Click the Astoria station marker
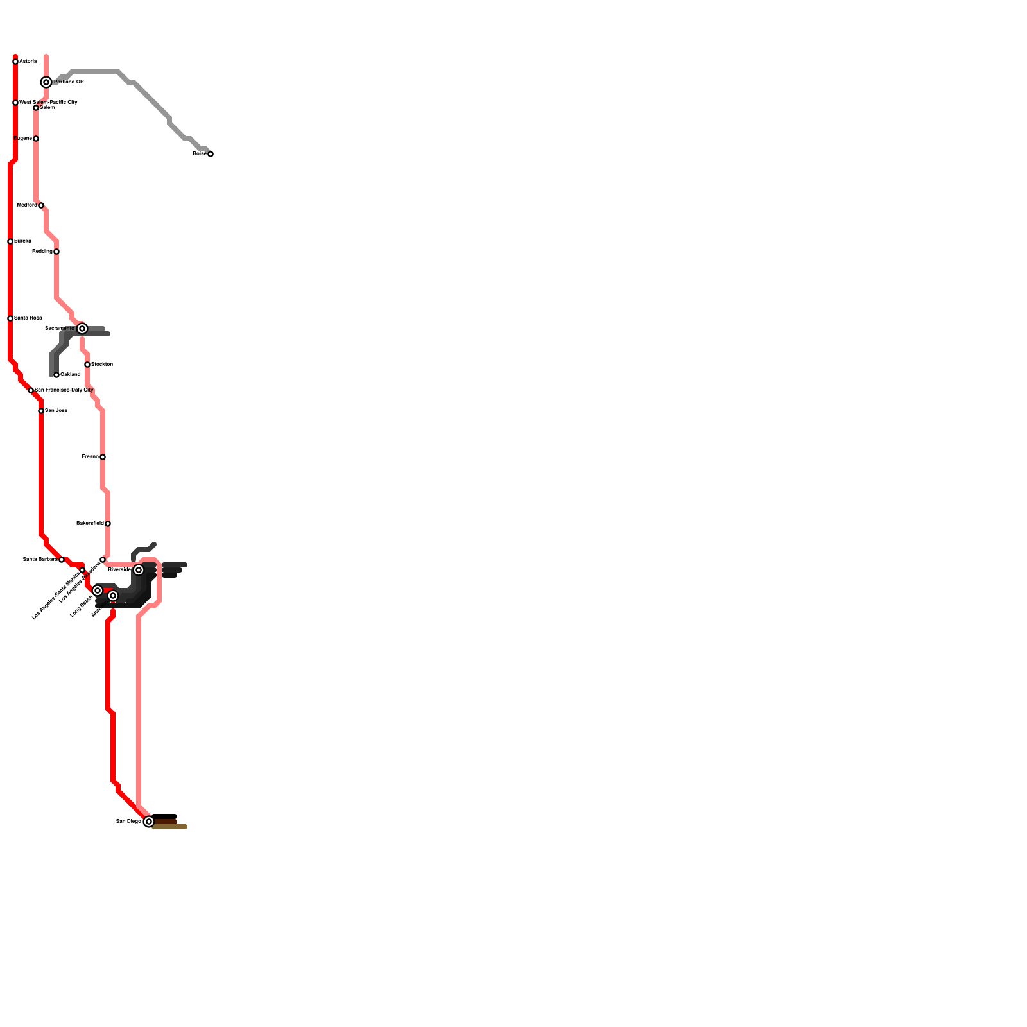tap(15, 62)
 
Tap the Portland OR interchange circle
tap(46, 82)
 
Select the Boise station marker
tap(211, 154)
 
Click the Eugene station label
tap(22, 139)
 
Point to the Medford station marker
tap(41, 205)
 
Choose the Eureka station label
tap(22, 241)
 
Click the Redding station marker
tap(56, 252)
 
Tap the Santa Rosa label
tap(28, 318)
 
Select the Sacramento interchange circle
tap(82, 329)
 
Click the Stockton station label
tap(102, 365)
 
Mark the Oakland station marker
tap(56, 375)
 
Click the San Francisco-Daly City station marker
tap(31, 390)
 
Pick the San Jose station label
tap(56, 411)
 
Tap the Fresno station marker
tap(103, 457)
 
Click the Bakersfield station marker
tap(108, 524)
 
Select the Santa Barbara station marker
tap(62, 560)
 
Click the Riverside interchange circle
tap(139, 570)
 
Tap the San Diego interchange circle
tap(149, 822)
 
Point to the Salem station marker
tap(36, 108)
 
